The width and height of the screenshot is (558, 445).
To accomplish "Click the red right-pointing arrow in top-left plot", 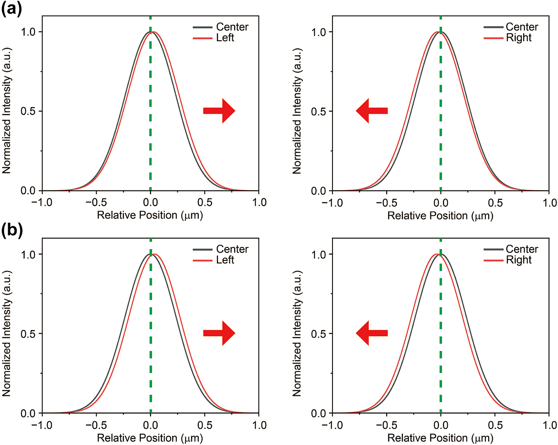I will coord(219,111).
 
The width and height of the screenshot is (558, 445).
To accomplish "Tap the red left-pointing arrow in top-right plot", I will coord(371,111).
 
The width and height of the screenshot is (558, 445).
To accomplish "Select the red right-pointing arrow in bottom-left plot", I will coord(219,333).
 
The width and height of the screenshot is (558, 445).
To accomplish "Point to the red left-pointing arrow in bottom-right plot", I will coord(371,333).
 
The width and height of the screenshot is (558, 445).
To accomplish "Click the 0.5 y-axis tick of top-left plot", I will coord(28,111).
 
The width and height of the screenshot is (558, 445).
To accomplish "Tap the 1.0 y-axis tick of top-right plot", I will coord(319,32).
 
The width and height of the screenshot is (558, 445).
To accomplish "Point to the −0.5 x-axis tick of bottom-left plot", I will coord(96,425).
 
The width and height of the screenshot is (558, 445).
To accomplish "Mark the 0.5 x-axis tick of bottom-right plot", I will coord(495,425).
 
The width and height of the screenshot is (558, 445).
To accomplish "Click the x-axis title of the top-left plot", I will coord(150,215).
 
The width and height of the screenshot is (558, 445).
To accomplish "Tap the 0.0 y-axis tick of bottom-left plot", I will coord(28,413).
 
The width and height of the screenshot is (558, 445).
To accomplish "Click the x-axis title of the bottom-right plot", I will coord(440,438).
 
